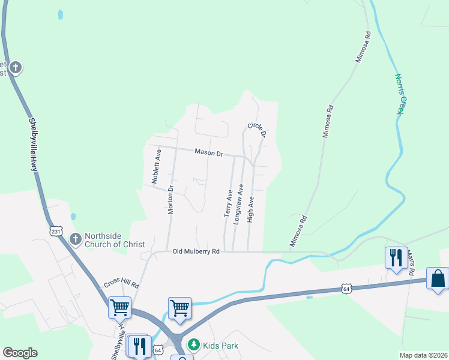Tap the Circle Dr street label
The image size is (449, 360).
coord(256,130)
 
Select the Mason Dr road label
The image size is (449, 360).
coord(208,153)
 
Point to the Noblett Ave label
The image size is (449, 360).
coord(155,166)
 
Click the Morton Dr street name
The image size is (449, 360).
coord(170,200)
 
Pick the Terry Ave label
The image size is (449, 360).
coord(228,203)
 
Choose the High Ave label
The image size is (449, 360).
coord(251,209)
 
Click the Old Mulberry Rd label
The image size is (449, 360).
coord(196,251)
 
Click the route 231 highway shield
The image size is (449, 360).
coord(56,231)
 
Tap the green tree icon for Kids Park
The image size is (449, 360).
coord(193,345)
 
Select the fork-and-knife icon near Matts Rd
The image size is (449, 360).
coord(396,258)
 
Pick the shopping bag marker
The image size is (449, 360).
coord(438,278)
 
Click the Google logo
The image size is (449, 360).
coord(20,353)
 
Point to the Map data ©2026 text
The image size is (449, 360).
coord(423,355)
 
